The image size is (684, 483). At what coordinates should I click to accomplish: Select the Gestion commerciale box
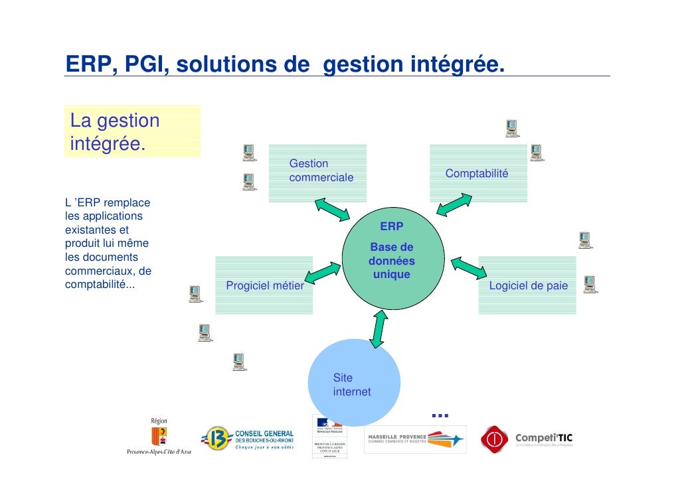(317, 173)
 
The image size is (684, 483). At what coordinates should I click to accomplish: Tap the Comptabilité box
(478, 173)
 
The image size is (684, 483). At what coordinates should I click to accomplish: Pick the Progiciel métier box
(264, 285)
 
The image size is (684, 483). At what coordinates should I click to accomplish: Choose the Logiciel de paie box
(527, 285)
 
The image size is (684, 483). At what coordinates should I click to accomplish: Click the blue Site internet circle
(357, 383)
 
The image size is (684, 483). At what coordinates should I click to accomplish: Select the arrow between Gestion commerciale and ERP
(332, 208)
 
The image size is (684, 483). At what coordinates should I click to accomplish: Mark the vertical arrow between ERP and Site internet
(379, 328)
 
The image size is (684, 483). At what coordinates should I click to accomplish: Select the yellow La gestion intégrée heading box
(132, 131)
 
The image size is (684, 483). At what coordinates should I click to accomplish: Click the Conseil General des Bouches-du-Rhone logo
(248, 439)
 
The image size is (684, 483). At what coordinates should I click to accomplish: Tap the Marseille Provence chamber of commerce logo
(415, 439)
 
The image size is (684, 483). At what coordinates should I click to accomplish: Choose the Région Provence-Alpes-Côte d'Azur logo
(159, 436)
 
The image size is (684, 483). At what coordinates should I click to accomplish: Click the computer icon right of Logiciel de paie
(590, 285)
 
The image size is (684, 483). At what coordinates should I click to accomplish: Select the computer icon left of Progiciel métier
(195, 293)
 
